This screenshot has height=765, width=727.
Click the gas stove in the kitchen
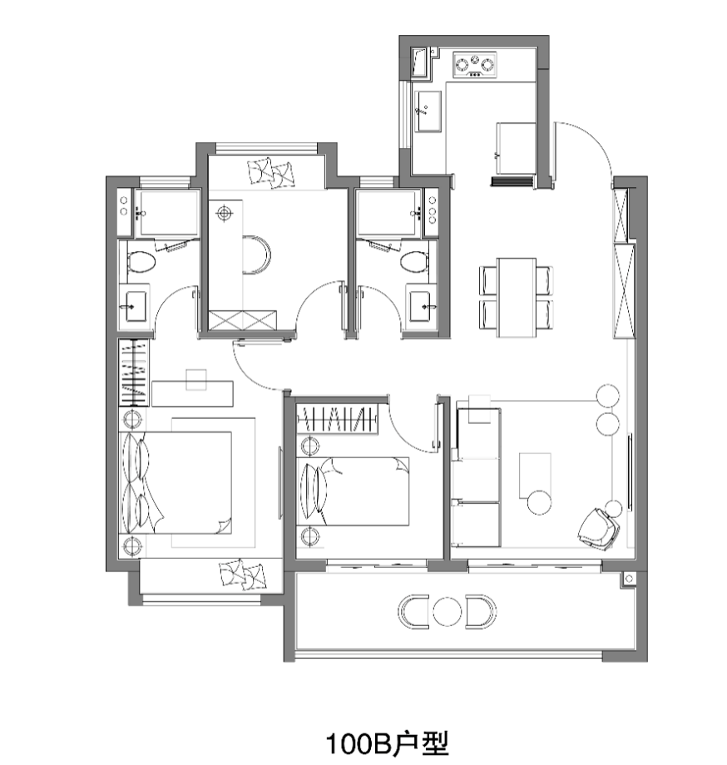(x=475, y=64)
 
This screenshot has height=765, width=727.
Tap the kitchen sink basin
(x=428, y=111)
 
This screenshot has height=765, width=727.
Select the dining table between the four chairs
(x=517, y=298)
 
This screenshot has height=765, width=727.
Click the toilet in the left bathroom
(x=141, y=261)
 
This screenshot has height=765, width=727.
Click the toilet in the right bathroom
(x=415, y=261)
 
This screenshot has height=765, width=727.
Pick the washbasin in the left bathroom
(x=135, y=306)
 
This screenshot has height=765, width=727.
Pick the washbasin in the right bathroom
(x=420, y=306)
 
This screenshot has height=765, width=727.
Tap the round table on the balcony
(x=448, y=612)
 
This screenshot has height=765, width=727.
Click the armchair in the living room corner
(x=598, y=528)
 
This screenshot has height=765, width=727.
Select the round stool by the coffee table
(x=539, y=502)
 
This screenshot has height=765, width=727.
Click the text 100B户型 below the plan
(x=387, y=743)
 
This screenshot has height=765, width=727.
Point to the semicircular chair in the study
(x=257, y=255)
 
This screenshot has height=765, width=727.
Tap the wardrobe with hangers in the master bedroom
(x=134, y=373)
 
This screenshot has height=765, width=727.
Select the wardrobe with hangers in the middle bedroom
(x=337, y=418)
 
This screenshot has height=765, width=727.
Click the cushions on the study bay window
(x=271, y=172)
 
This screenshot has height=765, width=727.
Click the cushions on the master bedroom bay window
(x=243, y=575)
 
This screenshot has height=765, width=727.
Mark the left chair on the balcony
(x=413, y=612)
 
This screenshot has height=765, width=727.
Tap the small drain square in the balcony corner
(x=629, y=579)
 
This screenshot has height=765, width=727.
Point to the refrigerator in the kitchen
(x=517, y=148)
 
